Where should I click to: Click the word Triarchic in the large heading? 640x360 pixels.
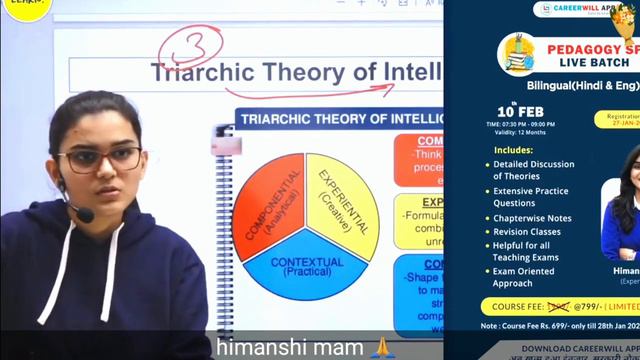(201, 73)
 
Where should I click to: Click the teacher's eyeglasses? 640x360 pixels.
(101, 158)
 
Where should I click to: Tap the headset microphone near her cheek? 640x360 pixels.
(82, 214)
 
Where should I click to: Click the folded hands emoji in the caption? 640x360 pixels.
(380, 347)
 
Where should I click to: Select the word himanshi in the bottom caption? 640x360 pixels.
(258, 347)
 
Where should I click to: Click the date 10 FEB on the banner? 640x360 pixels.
(519, 110)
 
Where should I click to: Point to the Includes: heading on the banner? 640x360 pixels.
(513, 150)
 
